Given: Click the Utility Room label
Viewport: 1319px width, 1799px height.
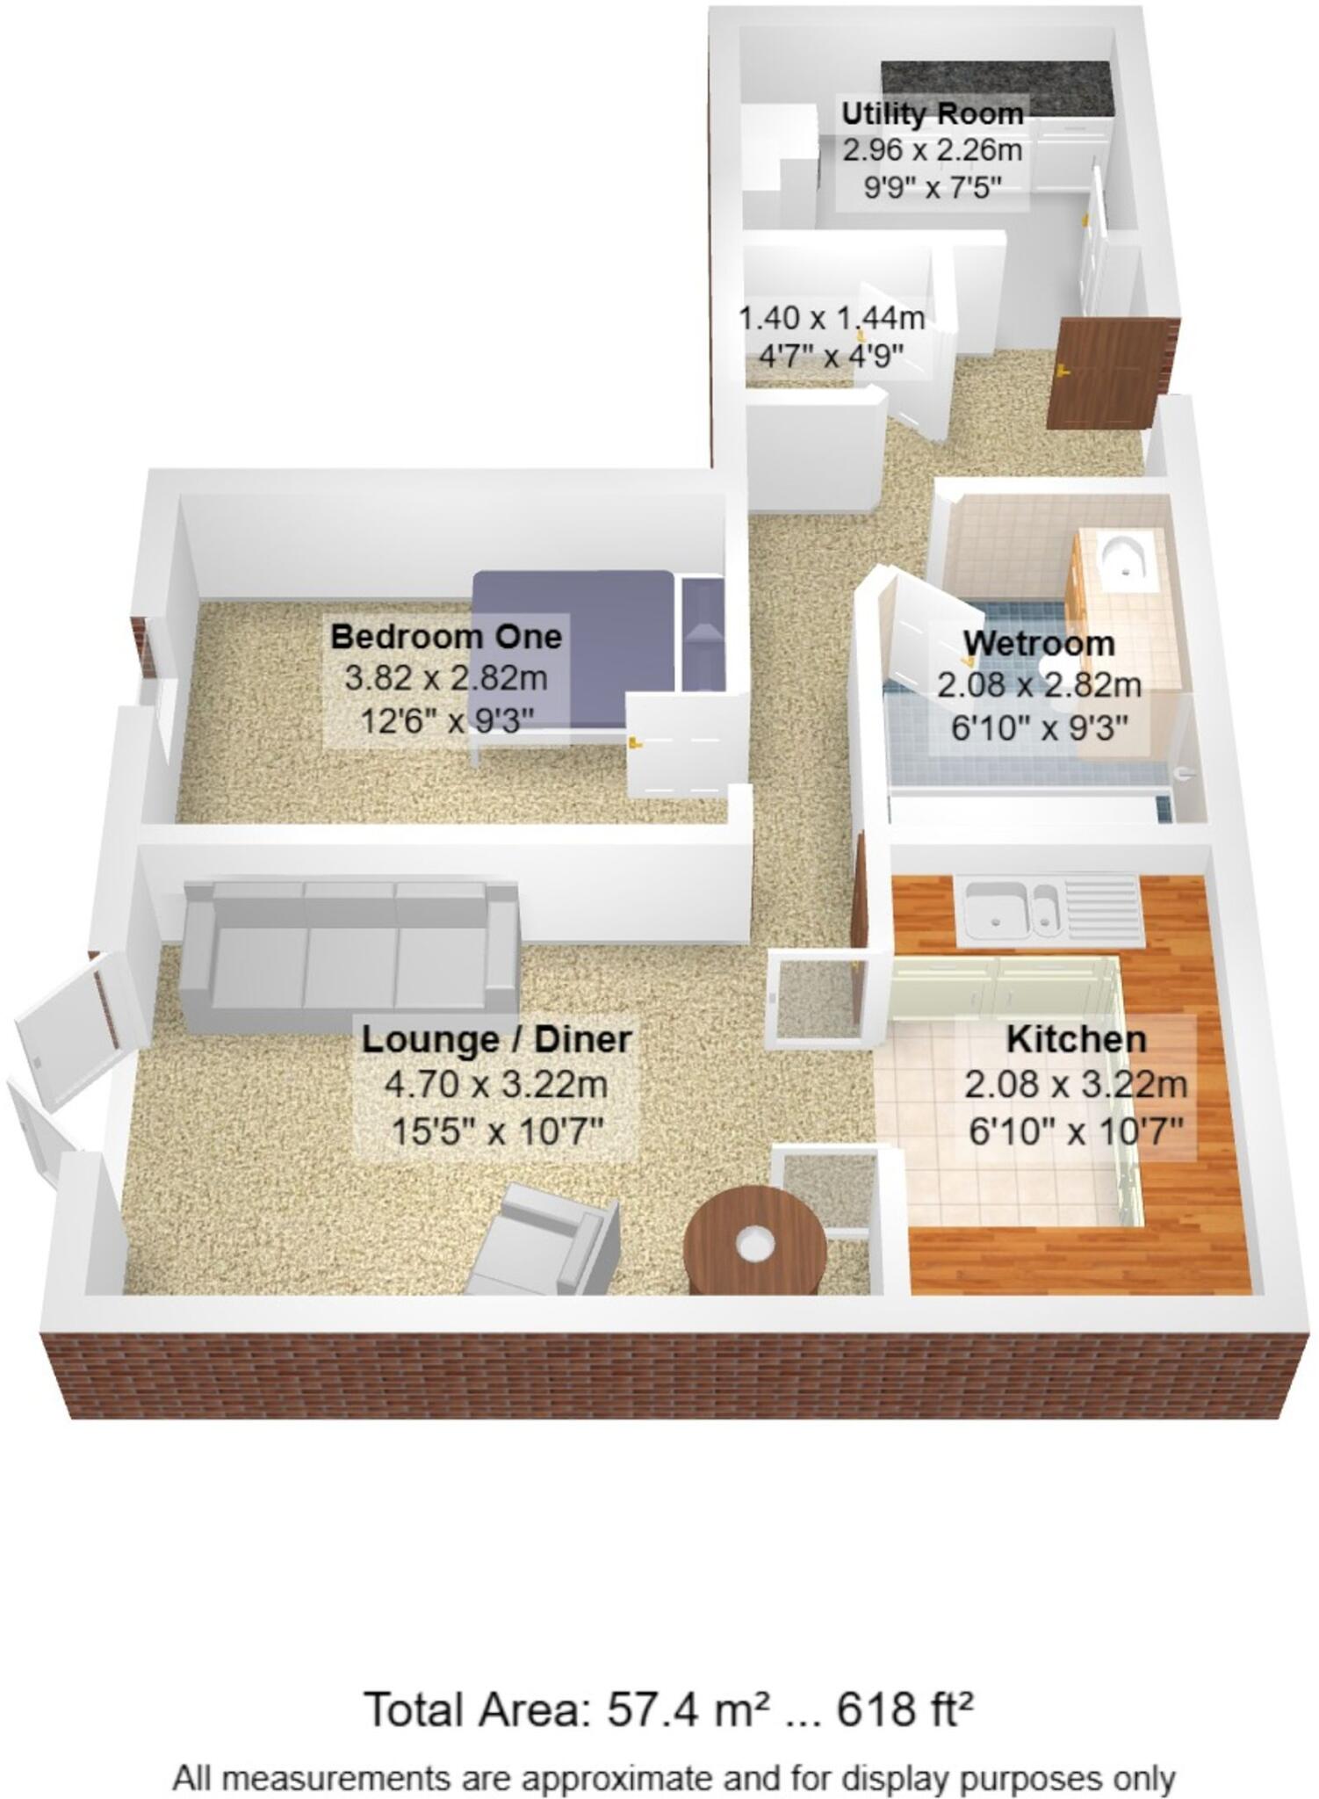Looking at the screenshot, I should click(x=932, y=114).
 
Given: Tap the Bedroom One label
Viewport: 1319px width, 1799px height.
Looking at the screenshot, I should click(x=446, y=636).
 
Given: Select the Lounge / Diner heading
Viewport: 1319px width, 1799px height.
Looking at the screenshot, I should click(x=496, y=1039).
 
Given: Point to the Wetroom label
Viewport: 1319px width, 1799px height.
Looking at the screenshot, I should click(x=1039, y=643).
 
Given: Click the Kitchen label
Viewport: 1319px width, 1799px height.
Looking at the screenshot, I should click(x=1076, y=1039).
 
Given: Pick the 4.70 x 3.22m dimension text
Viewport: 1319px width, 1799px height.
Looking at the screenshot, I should click(x=496, y=1085).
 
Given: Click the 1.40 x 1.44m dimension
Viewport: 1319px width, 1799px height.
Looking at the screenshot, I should click(x=831, y=318).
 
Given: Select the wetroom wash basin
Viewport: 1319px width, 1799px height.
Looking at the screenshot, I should click(x=1123, y=560).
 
